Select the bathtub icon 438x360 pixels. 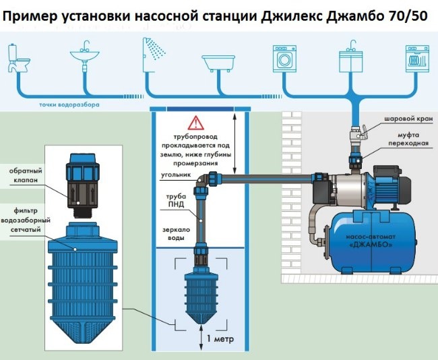pos(218,65)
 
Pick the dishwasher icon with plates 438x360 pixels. pos(414,58)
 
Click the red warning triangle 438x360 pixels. pos(195,123)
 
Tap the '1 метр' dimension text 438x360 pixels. pos(218,338)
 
